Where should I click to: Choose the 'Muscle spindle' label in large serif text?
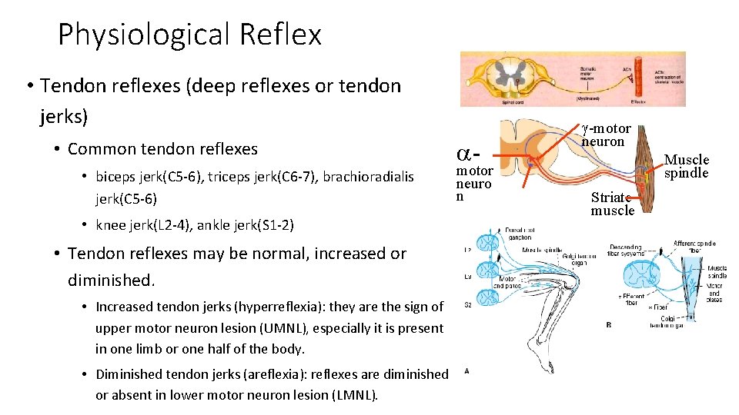pos(686,166)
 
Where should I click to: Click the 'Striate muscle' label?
pos(613,203)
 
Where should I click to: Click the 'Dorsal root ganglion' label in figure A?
pos(520,233)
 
